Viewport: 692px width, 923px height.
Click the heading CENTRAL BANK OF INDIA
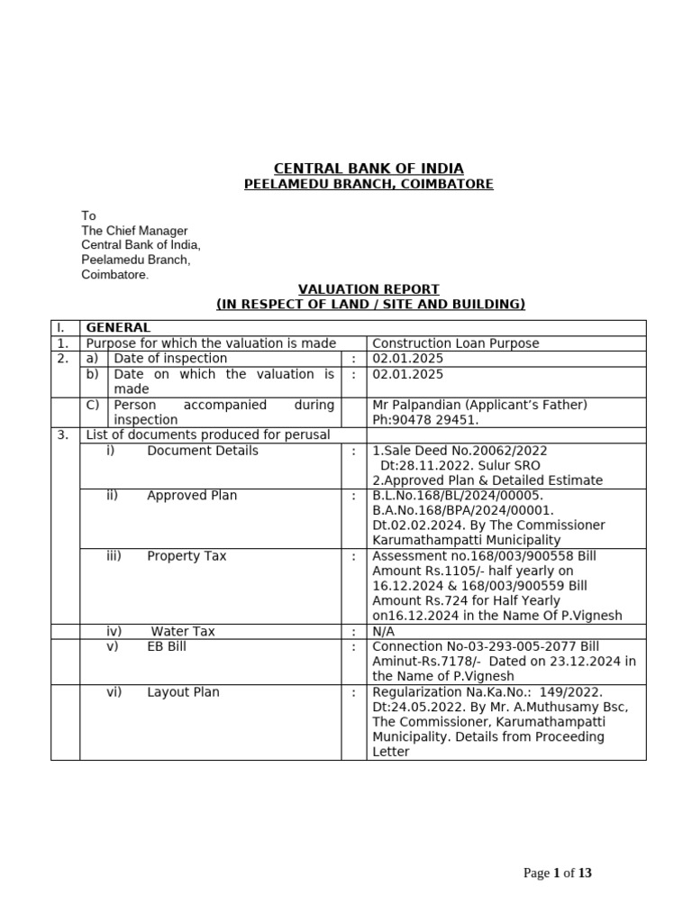point(369,169)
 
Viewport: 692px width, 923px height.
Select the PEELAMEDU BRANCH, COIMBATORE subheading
point(369,185)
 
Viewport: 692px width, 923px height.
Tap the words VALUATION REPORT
point(369,289)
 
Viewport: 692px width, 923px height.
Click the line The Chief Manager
point(134,231)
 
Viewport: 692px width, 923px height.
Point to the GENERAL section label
point(117,328)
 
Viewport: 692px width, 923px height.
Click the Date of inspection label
point(170,359)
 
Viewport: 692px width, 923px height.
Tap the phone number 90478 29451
point(427,420)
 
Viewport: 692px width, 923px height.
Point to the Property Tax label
point(187,556)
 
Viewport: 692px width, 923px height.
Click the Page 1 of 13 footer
point(559,873)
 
